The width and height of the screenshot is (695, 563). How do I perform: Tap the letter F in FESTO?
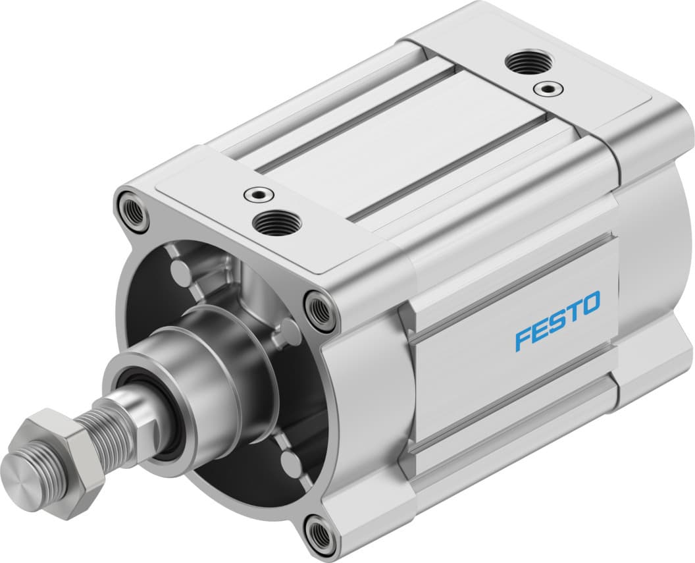523,337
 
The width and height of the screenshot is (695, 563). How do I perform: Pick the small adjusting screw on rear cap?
546,87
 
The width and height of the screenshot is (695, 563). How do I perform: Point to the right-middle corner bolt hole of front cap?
321,309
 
